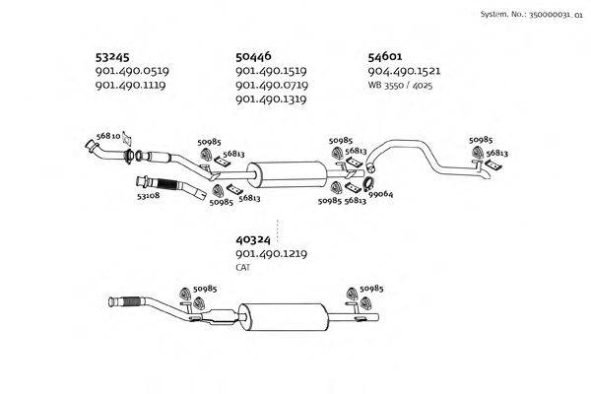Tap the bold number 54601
pyautogui.click(x=385, y=57)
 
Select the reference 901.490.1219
pyautogui.click(x=272, y=253)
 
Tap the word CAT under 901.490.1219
pyautogui.click(x=243, y=267)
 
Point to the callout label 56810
pyautogui.click(x=108, y=136)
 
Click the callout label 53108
pyautogui.click(x=148, y=195)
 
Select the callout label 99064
pyautogui.click(x=381, y=194)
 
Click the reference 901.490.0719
pyautogui.click(x=272, y=86)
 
